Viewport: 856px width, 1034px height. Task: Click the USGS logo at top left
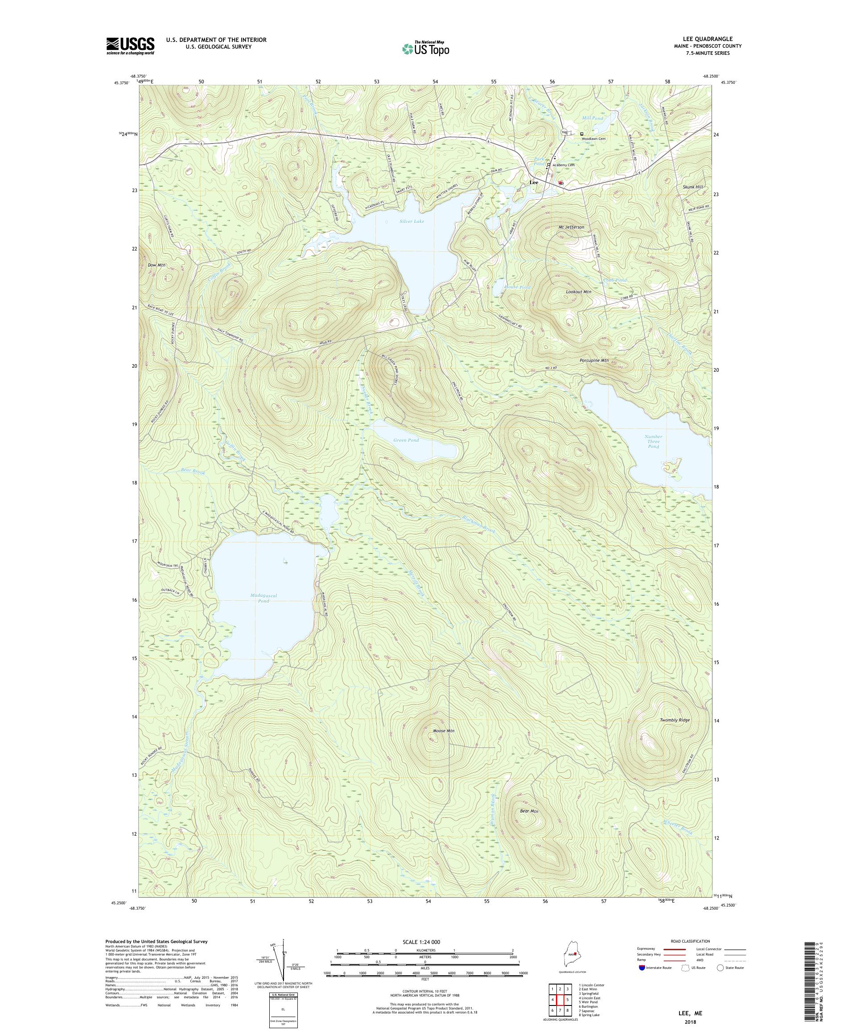click(x=130, y=46)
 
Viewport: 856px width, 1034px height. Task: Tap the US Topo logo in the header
click(x=426, y=48)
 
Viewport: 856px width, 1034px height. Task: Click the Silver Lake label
click(x=412, y=222)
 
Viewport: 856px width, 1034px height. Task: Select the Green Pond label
click(x=406, y=440)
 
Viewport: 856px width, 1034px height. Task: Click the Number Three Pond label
click(x=653, y=442)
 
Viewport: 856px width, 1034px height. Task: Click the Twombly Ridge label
click(x=675, y=720)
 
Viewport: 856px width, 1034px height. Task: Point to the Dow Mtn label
click(x=156, y=265)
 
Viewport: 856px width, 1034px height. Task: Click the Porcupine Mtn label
click(x=594, y=361)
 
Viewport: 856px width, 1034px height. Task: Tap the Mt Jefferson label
click(x=571, y=227)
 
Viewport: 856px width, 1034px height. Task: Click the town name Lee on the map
click(x=533, y=182)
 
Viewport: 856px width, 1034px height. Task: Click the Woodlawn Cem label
click(x=593, y=139)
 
